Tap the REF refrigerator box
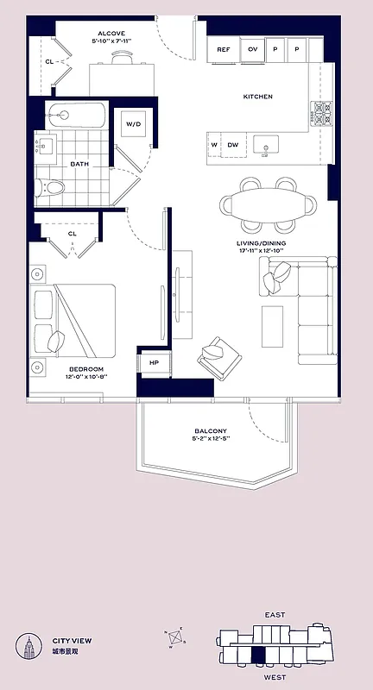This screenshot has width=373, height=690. [x=223, y=50]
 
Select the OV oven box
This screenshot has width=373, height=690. [x=253, y=50]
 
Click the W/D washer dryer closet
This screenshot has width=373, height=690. [x=134, y=124]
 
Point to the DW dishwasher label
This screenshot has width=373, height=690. [x=233, y=145]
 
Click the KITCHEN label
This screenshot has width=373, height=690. [x=257, y=97]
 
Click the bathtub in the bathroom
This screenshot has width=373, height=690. [x=76, y=115]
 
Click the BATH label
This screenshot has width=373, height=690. [x=79, y=163]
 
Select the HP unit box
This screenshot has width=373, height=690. [x=154, y=363]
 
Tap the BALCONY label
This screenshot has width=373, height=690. [x=211, y=431]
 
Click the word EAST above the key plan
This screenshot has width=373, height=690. [x=275, y=615]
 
